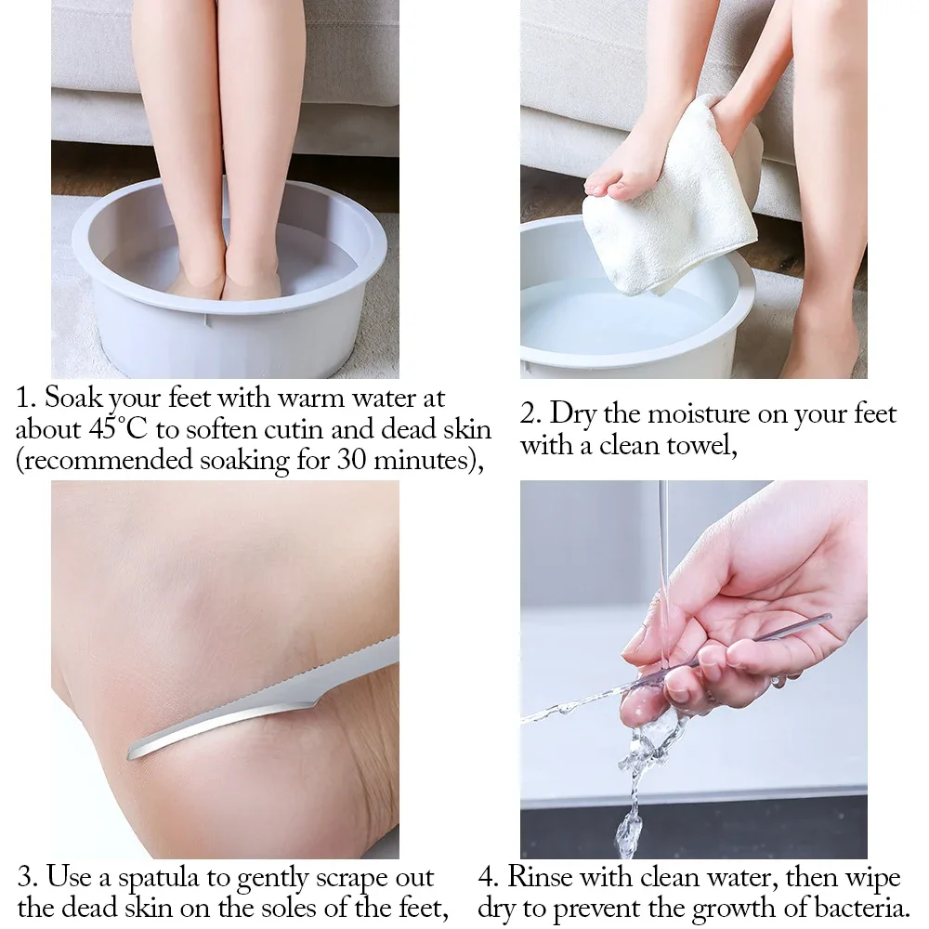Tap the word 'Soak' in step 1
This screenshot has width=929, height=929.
[73, 399]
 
